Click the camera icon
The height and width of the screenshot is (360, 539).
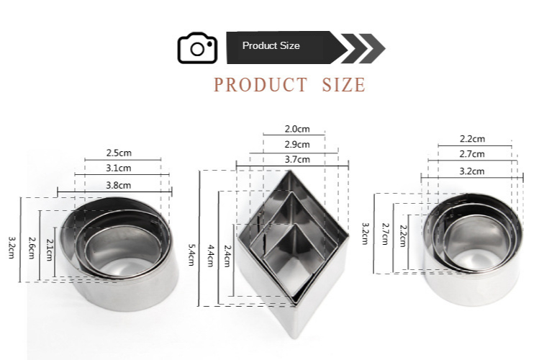pos(197,48)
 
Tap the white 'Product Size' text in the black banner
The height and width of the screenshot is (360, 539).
pos(271,46)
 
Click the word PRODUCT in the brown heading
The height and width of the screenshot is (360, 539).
pos(261,85)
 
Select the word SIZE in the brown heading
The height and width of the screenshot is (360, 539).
pos(343,85)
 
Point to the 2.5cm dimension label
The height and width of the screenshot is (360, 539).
pos(119,153)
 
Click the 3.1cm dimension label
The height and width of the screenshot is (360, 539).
pos(119,168)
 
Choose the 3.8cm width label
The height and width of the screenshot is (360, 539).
pos(119,185)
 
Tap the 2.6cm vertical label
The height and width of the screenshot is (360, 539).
pos(31,248)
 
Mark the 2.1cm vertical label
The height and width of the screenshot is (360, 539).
pos(49,250)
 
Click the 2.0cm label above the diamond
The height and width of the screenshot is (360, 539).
pos(297,129)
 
